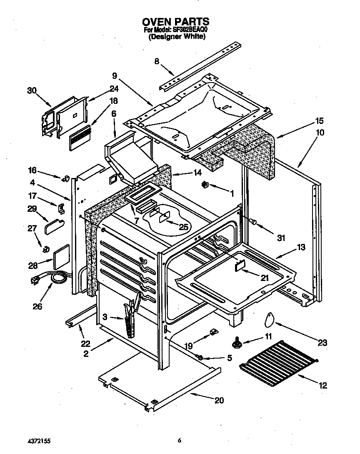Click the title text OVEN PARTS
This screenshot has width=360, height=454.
click(x=175, y=21)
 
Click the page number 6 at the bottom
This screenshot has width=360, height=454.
click(x=179, y=440)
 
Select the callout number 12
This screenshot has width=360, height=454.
click(x=322, y=386)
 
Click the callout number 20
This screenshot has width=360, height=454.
click(x=219, y=401)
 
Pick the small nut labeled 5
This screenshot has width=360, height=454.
click(x=200, y=357)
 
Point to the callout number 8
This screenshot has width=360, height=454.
click(x=157, y=61)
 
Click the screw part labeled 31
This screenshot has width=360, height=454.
click(x=254, y=222)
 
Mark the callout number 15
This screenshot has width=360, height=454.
click(x=319, y=121)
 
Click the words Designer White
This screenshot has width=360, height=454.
click(x=177, y=37)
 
